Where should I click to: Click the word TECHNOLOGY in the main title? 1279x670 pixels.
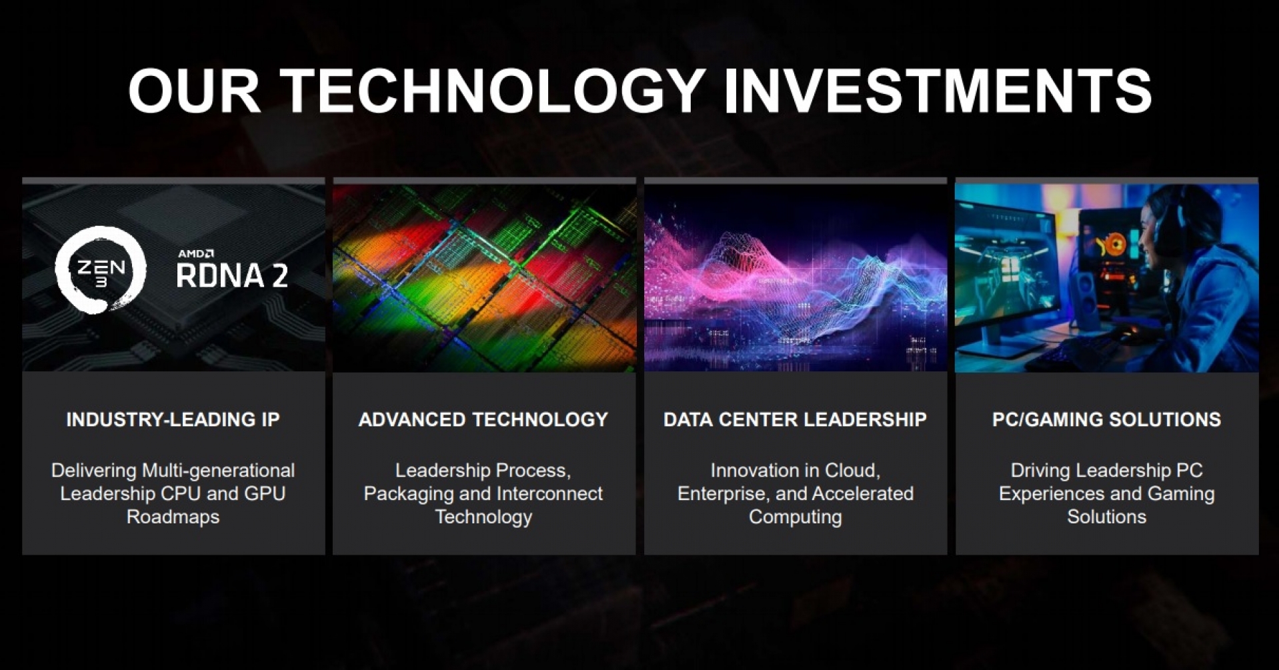coord(494,91)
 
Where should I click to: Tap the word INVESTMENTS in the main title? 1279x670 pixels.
coord(938,91)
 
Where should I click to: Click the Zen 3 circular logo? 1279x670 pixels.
coord(101,269)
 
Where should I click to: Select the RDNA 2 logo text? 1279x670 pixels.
coord(232,275)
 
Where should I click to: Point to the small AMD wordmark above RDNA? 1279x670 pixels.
coord(195,253)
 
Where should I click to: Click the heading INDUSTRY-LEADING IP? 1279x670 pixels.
coord(173,419)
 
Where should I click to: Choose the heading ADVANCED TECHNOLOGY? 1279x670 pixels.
coord(483,419)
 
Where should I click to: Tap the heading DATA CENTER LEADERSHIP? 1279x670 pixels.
coord(795,419)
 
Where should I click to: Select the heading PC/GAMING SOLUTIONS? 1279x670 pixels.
coord(1106,419)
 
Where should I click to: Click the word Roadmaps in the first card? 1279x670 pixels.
coord(173,517)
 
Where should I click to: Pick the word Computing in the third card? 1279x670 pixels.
coord(795,517)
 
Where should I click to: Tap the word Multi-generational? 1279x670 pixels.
coord(218,471)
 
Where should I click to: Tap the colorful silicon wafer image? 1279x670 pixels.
coord(484,278)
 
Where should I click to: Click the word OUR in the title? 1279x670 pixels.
coord(194,91)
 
